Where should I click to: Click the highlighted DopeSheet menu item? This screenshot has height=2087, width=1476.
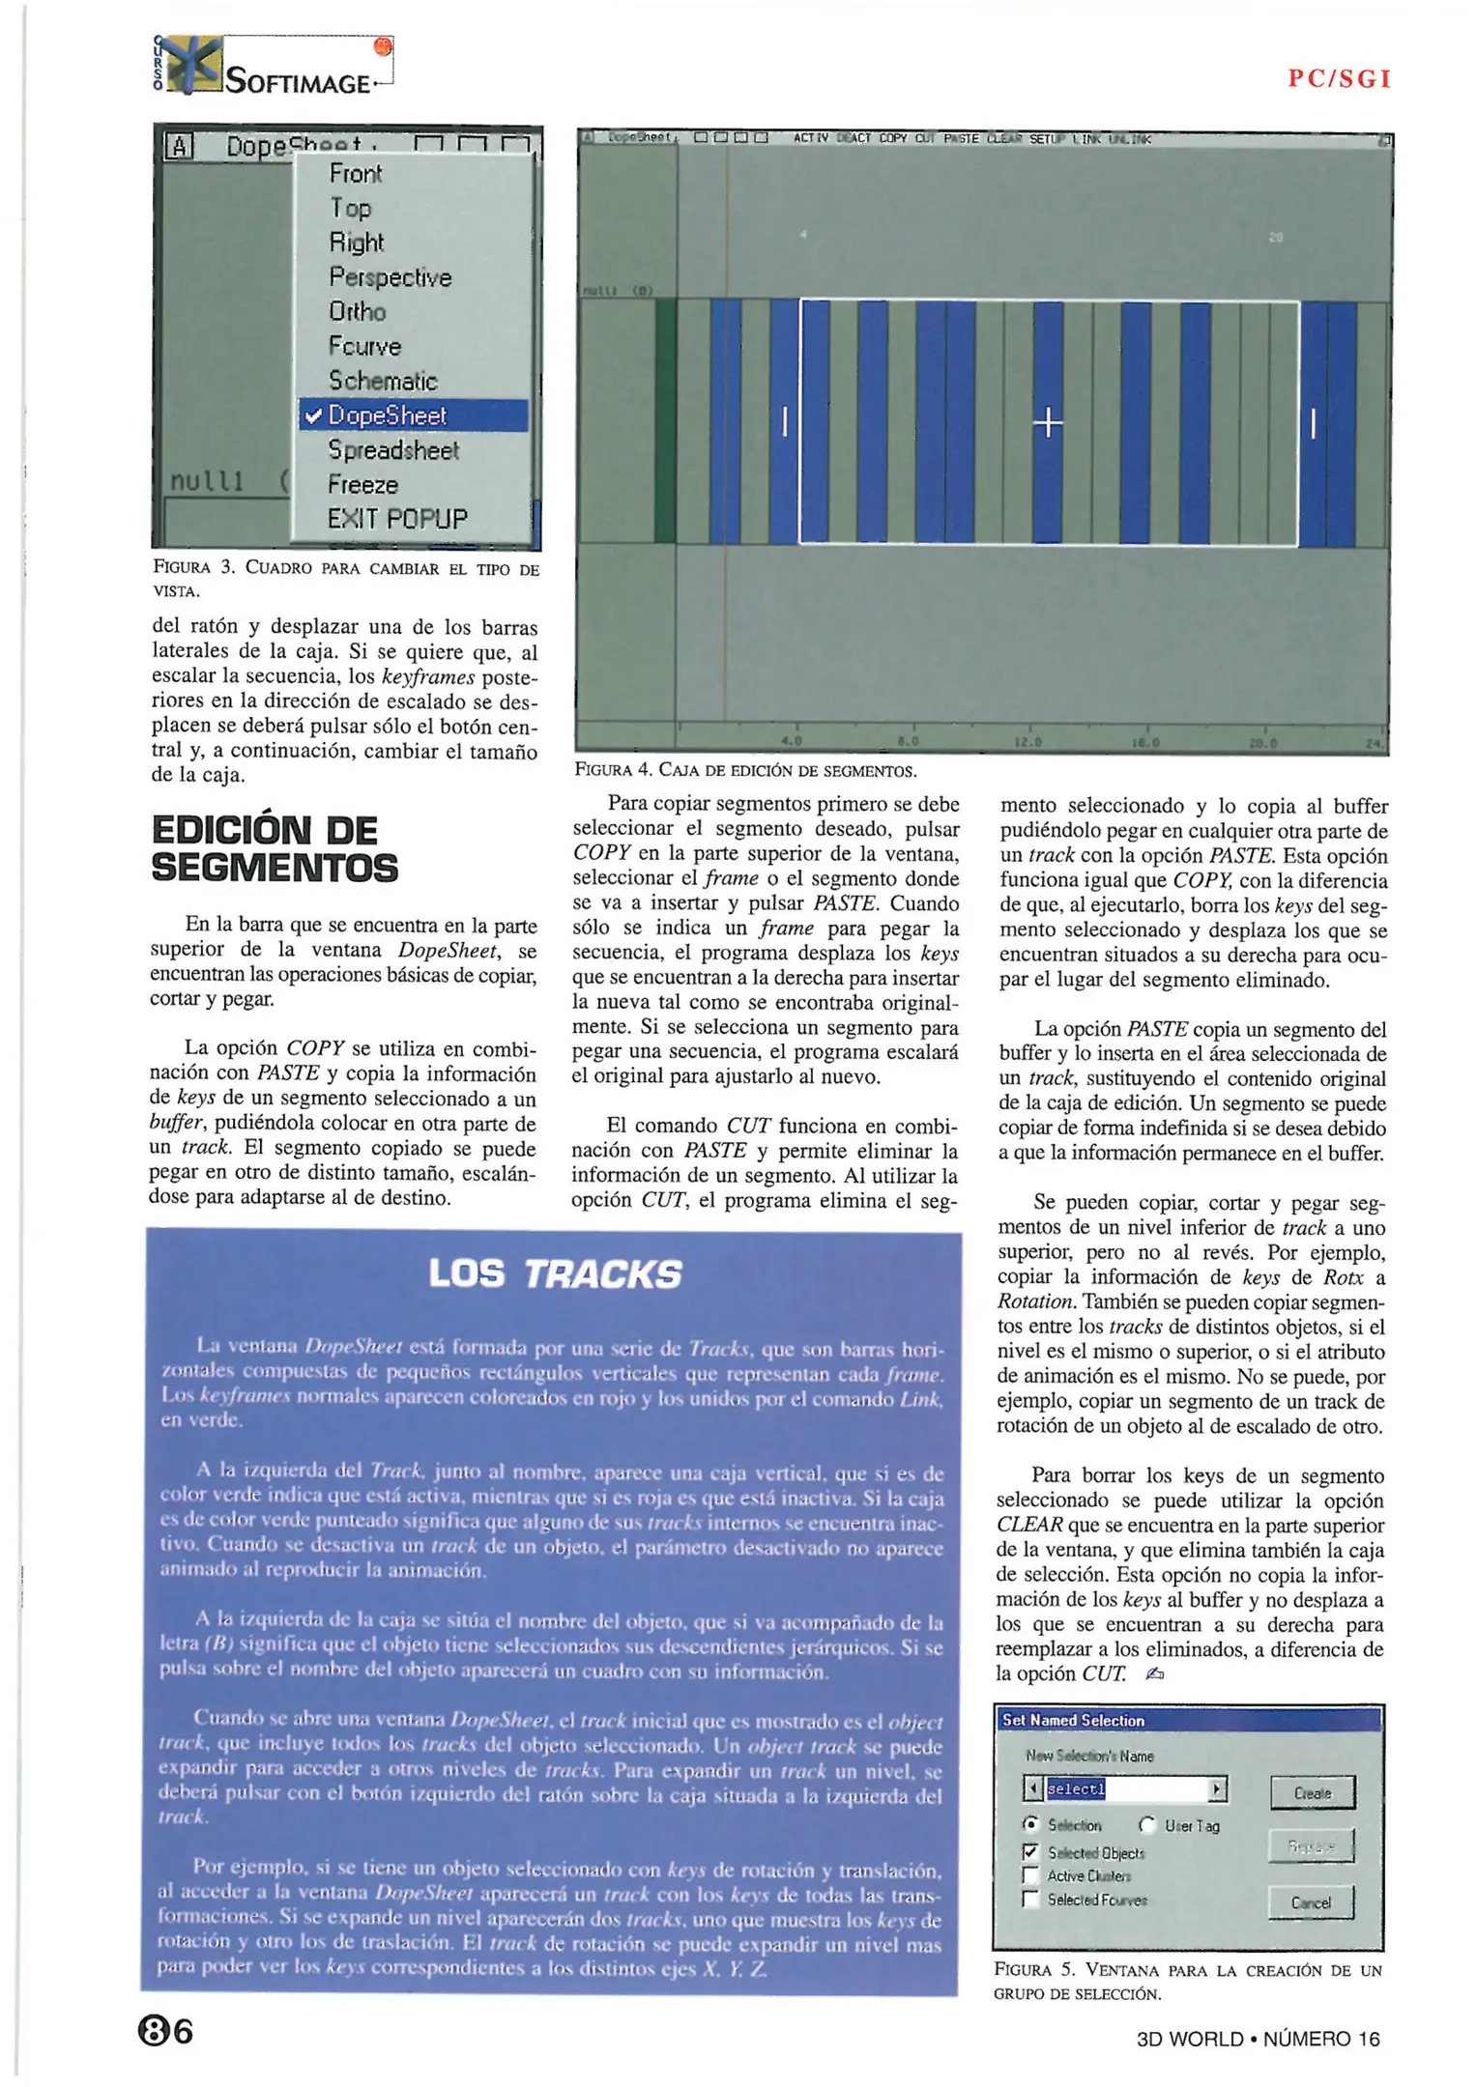[414, 415]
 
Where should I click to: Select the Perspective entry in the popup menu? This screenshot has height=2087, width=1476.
[390, 277]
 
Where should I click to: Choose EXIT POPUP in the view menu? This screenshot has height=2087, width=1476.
[396, 519]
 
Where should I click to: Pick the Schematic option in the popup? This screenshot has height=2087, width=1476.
[383, 381]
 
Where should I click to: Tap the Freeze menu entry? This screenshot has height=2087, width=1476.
[362, 484]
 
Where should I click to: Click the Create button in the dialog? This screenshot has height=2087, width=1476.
[1312, 1793]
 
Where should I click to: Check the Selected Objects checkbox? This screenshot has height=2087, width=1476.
[1030, 1852]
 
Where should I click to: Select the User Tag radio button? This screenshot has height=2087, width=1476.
[1147, 1825]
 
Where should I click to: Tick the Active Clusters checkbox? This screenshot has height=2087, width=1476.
[1030, 1875]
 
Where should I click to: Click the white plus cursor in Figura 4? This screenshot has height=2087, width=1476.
[1048, 423]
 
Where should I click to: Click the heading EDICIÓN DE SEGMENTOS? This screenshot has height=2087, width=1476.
[275, 849]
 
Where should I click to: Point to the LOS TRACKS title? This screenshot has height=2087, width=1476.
[554, 1274]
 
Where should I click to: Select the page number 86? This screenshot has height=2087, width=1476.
[165, 2032]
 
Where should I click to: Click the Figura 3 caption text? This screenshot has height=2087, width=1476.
[345, 578]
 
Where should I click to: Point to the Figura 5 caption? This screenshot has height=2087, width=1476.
[1187, 1981]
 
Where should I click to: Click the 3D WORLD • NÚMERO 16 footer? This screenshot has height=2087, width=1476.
[1258, 2039]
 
